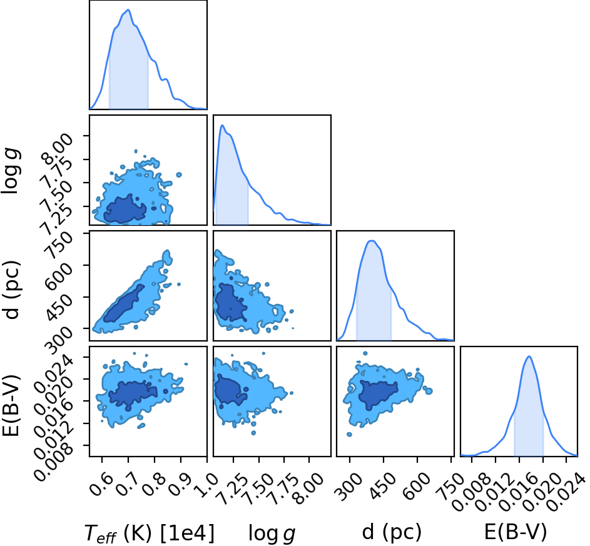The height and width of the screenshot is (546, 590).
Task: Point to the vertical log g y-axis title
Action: [11, 171]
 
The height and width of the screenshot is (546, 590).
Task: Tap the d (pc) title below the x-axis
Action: [392, 532]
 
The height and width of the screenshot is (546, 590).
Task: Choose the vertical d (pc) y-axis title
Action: [11, 290]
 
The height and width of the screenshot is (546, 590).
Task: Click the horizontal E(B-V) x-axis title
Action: [515, 532]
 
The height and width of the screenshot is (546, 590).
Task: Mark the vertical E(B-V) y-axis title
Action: [11, 405]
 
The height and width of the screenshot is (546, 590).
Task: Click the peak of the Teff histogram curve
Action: [128, 10]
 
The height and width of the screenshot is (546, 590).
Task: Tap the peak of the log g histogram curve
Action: [222, 125]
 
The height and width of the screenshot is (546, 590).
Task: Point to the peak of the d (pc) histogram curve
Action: [372, 241]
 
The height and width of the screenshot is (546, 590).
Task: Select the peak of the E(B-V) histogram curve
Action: [529, 356]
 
